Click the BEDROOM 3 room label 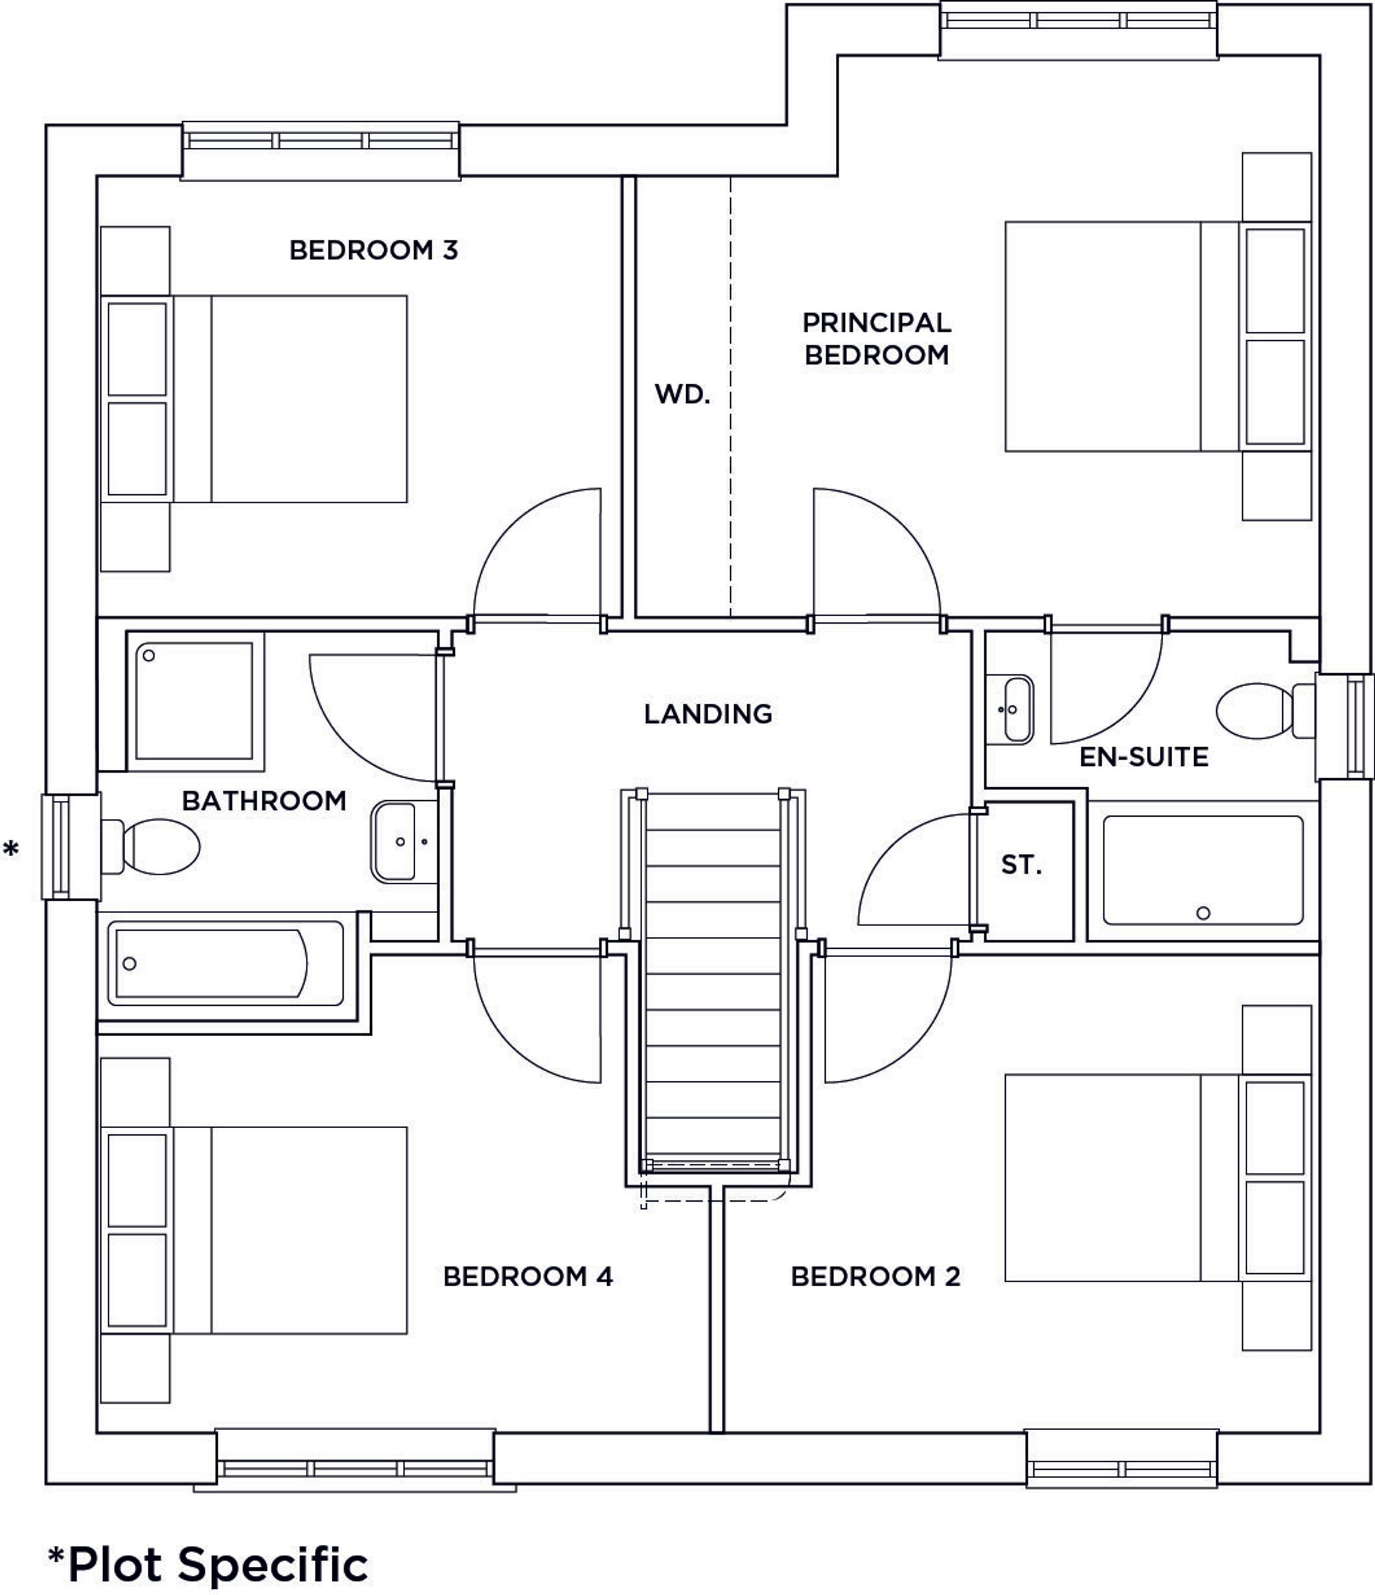tap(373, 250)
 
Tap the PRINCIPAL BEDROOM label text tap(876, 339)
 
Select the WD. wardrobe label tap(682, 394)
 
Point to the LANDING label tap(707, 714)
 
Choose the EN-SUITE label tap(1143, 757)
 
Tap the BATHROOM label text tap(264, 800)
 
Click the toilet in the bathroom tap(154, 846)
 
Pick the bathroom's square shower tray tap(195, 701)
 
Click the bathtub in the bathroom tap(226, 963)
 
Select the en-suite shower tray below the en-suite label tap(1202, 870)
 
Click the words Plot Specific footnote tap(217, 1564)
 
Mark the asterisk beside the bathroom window tap(11, 850)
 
